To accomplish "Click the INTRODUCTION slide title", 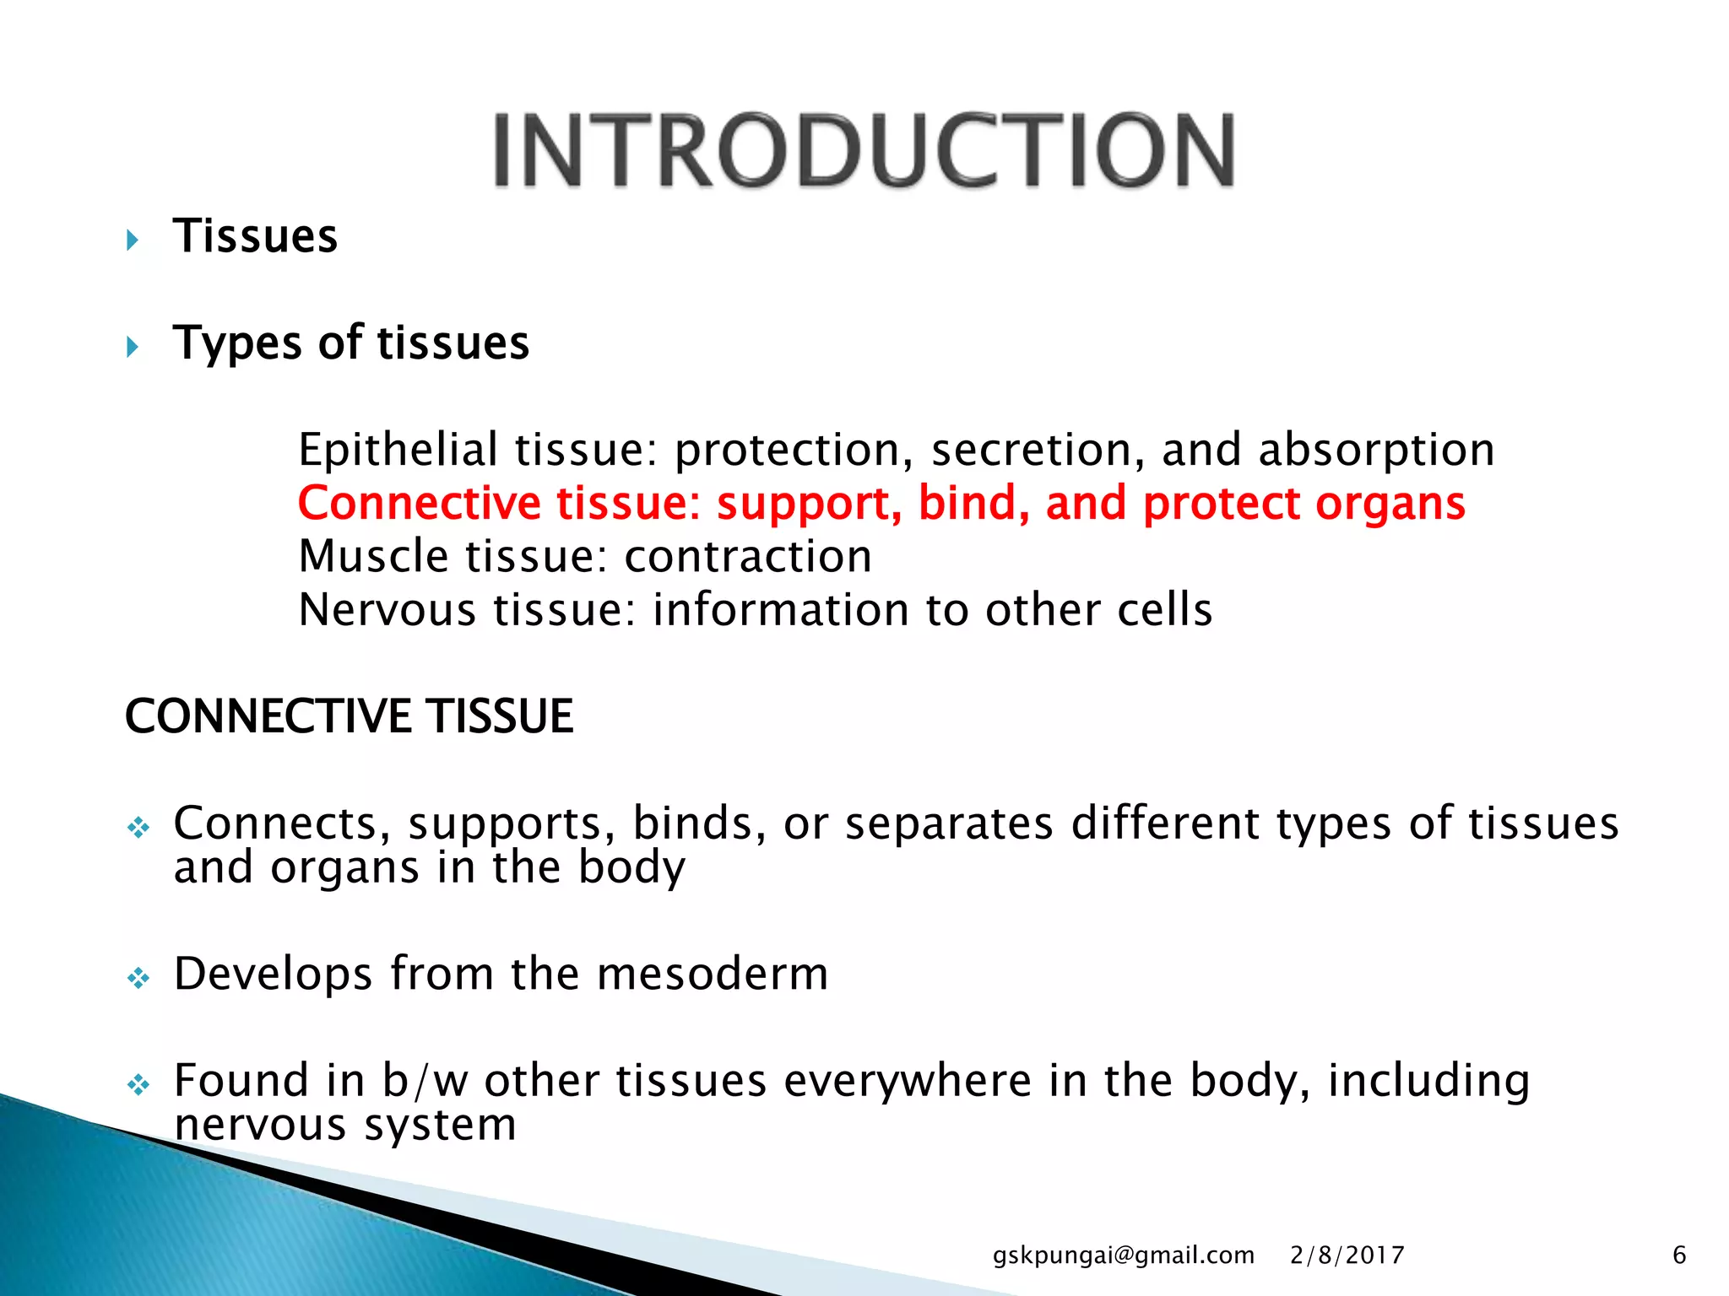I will [x=864, y=150].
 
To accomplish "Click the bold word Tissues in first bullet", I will [x=255, y=236].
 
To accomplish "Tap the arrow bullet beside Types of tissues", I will [x=133, y=347].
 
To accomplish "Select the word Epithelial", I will [x=398, y=450].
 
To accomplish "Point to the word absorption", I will [x=1376, y=450].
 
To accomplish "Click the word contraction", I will [x=748, y=557].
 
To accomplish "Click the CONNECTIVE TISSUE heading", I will [x=349, y=716].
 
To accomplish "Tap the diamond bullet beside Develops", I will [x=138, y=978].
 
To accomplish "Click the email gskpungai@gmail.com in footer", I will [x=1123, y=1255].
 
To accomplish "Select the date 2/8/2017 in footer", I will [x=1347, y=1255].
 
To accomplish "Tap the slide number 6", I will [x=1679, y=1255].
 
